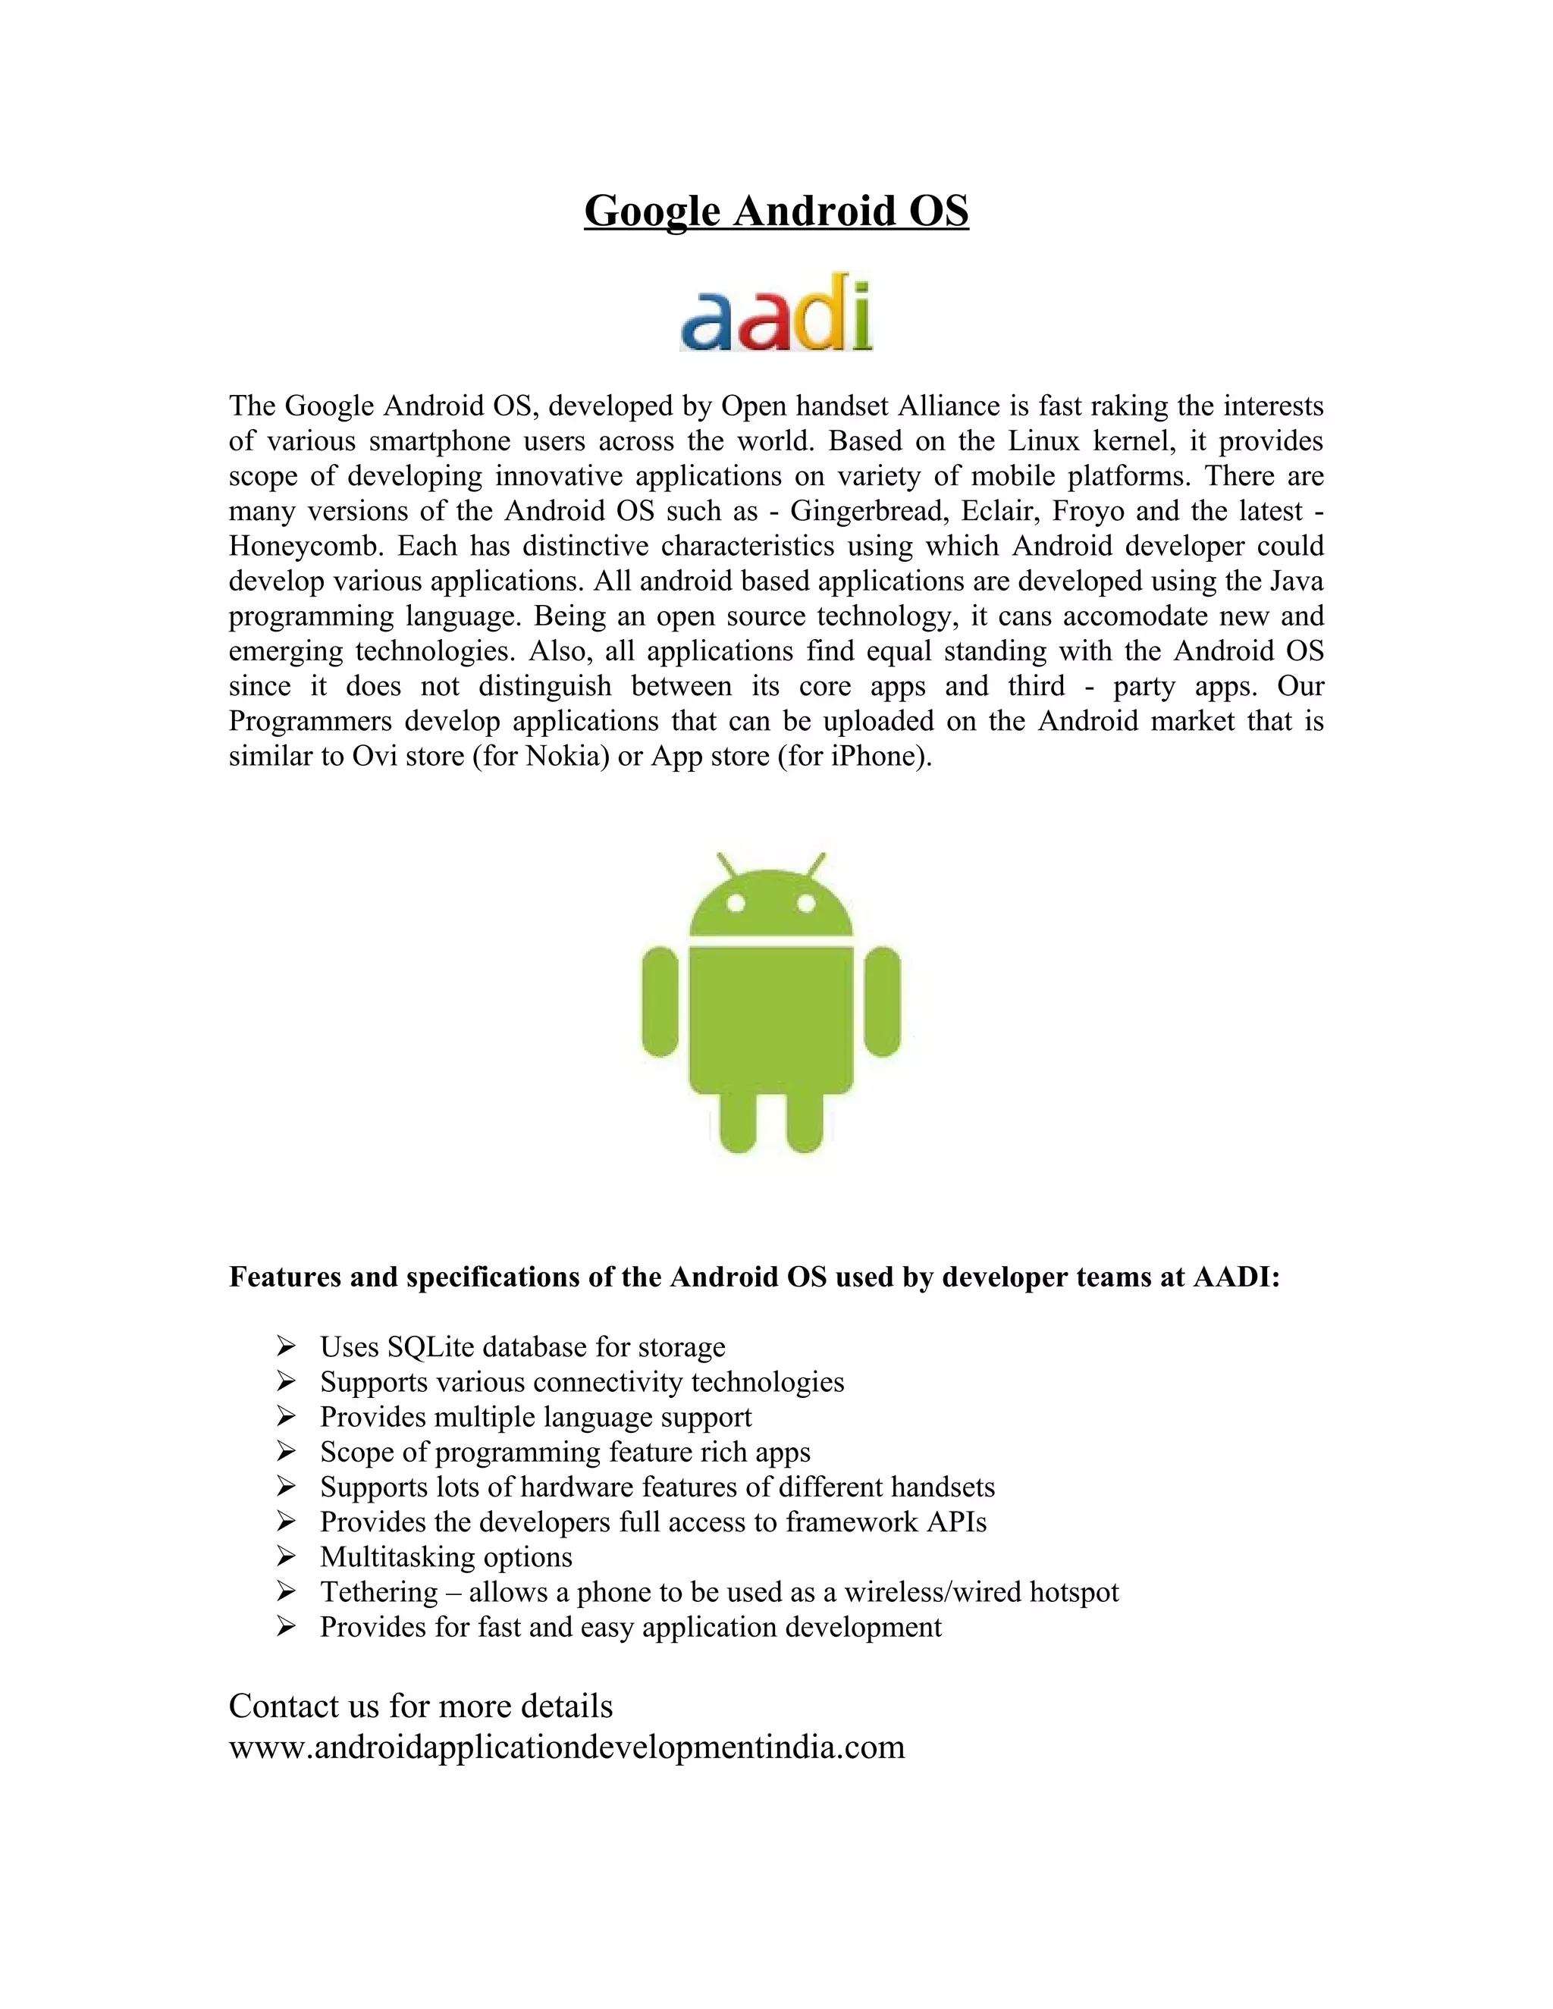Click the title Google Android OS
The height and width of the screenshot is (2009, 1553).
(776, 211)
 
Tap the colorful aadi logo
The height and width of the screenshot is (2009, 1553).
(776, 313)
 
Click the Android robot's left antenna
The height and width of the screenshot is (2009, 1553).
(726, 866)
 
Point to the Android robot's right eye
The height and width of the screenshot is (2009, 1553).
(807, 904)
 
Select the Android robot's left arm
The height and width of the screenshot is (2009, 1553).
(660, 1001)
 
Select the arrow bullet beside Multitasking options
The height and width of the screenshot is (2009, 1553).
(285, 1557)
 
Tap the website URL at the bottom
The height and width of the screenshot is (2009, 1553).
(566, 1747)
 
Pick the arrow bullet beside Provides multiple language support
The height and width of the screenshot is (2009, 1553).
(285, 1418)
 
